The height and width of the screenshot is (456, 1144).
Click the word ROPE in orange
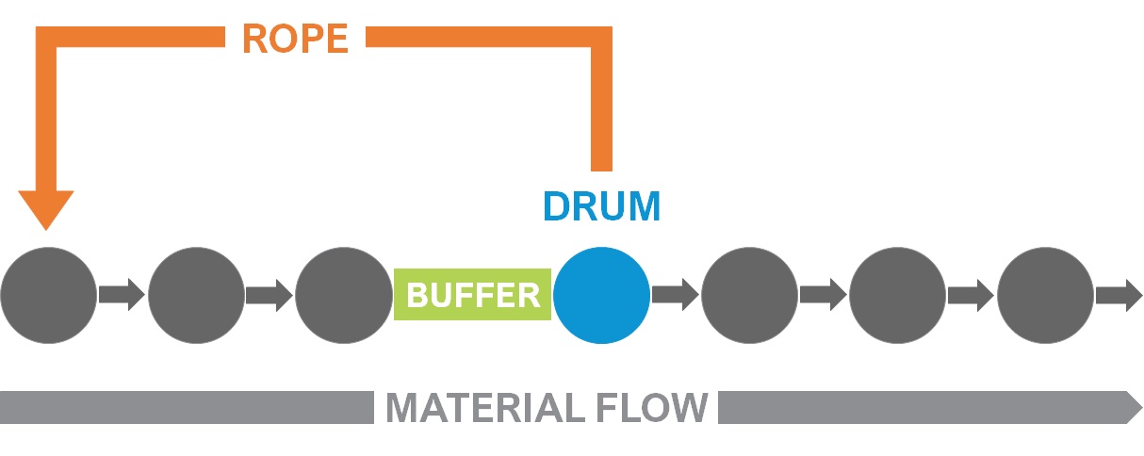pos(295,39)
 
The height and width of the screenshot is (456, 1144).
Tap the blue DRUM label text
pos(601,206)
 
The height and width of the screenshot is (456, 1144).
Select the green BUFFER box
pos(472,295)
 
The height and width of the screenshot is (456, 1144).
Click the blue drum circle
pos(601,295)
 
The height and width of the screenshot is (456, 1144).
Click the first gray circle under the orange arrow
pos(49,295)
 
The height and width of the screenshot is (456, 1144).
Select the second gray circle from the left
pos(196,295)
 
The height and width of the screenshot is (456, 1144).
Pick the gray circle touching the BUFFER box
pos(343,295)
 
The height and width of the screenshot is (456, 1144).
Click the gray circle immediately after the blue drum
pos(749,295)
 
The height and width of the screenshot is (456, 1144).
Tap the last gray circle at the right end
pos(1045,295)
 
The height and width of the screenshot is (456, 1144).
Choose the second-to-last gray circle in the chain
pos(897,295)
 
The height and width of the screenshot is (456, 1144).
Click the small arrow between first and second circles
pos(122,295)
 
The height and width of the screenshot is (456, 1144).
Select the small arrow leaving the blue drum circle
pos(675,295)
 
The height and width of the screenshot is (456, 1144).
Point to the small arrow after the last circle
pos(1119,295)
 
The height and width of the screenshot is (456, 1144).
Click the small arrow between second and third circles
pos(270,295)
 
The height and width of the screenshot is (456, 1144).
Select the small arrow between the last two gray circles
pos(971,295)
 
